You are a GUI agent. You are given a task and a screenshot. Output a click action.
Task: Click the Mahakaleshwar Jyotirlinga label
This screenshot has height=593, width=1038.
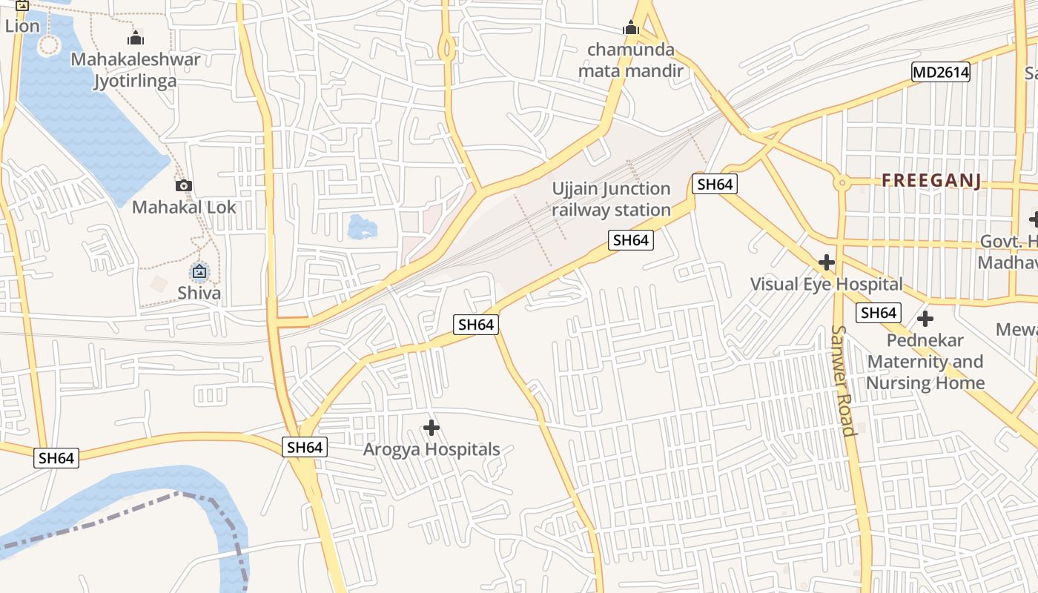pyautogui.click(x=135, y=70)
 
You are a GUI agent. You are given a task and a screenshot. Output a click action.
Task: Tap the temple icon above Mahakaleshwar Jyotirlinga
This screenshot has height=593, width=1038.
pyautogui.click(x=136, y=38)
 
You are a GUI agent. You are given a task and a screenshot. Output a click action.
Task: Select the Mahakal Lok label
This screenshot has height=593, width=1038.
pyautogui.click(x=184, y=207)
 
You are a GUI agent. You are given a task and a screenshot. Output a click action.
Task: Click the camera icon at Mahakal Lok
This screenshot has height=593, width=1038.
pyautogui.click(x=184, y=185)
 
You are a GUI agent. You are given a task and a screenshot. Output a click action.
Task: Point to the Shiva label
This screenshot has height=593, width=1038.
pyautogui.click(x=199, y=293)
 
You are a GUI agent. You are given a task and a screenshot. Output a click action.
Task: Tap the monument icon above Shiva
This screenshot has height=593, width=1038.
pyautogui.click(x=199, y=272)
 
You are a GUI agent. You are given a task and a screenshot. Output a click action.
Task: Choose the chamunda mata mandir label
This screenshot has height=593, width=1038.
pyautogui.click(x=631, y=61)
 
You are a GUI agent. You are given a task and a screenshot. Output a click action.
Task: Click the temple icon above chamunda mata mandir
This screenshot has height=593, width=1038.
pyautogui.click(x=631, y=29)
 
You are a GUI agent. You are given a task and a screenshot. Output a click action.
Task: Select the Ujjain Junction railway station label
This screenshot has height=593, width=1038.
pyautogui.click(x=611, y=199)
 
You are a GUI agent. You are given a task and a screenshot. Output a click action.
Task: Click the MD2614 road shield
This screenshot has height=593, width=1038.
pyautogui.click(x=940, y=72)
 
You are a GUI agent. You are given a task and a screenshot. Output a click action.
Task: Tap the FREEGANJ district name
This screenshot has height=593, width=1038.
pyautogui.click(x=931, y=181)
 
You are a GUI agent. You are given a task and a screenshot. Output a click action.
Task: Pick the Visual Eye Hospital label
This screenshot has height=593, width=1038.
pyautogui.click(x=826, y=284)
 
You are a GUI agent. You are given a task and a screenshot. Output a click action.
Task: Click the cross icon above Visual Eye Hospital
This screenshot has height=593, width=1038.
pyautogui.click(x=826, y=262)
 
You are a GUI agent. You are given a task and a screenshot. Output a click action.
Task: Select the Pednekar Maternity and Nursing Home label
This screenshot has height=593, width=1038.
pyautogui.click(x=925, y=362)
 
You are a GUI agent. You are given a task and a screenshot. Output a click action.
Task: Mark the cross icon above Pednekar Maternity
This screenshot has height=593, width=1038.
pyautogui.click(x=925, y=319)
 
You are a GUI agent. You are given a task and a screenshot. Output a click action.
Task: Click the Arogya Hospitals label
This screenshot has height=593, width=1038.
pyautogui.click(x=432, y=449)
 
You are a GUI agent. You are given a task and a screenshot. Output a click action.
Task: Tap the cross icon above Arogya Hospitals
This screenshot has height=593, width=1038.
pyautogui.click(x=432, y=428)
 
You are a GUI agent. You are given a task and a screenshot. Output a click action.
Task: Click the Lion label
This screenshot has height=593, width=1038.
pyautogui.click(x=22, y=27)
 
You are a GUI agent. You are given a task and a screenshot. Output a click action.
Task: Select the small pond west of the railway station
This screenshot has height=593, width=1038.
pyautogui.click(x=362, y=227)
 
